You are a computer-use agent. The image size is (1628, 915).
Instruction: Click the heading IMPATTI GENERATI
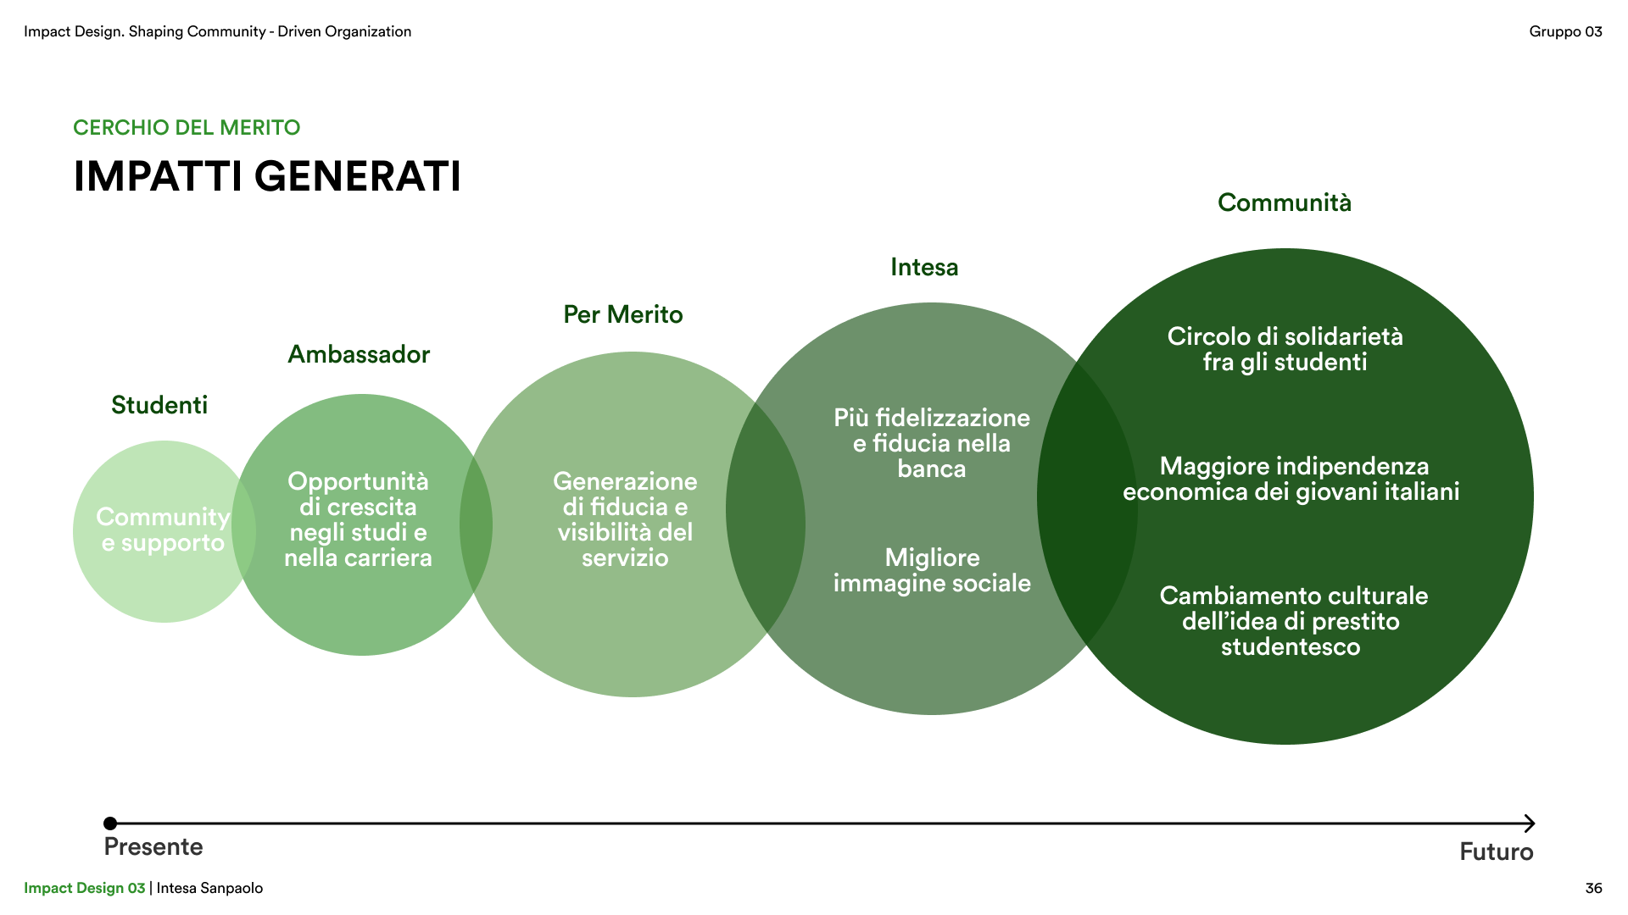[267, 176]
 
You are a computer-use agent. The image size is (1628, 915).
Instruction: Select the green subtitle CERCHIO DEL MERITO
[187, 128]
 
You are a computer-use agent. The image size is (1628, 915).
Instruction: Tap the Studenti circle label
[159, 405]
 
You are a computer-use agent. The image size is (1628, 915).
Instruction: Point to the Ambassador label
[359, 354]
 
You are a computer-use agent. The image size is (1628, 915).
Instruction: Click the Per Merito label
[623, 314]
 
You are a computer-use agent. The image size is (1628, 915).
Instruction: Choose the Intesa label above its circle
[924, 267]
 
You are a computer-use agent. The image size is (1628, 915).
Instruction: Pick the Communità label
[1285, 202]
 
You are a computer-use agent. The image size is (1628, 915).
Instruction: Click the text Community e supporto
[163, 530]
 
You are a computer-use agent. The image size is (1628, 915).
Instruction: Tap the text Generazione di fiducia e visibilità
[625, 519]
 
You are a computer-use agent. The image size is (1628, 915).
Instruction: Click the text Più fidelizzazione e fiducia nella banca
[932, 443]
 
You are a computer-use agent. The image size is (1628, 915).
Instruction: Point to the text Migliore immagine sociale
[932, 570]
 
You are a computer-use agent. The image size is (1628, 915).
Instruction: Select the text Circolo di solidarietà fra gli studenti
[1285, 349]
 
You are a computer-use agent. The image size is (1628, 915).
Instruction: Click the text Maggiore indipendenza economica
[1291, 479]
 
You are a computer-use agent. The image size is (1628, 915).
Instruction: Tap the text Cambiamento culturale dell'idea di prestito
[1293, 621]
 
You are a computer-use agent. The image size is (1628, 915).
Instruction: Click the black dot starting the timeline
[110, 823]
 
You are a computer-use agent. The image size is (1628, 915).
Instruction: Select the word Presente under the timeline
[153, 846]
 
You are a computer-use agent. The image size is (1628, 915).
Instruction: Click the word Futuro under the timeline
[1496, 851]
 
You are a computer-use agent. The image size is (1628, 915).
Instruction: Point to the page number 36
[1593, 888]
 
